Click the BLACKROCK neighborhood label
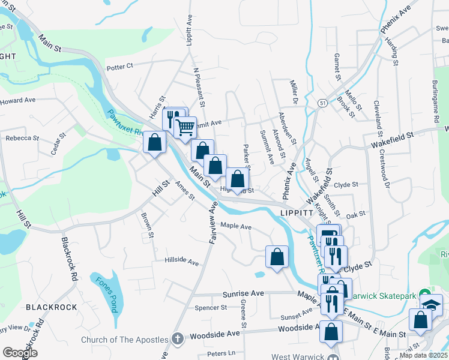click(52, 307)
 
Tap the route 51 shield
click(322, 103)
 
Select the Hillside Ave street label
click(182, 262)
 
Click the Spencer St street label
click(211, 308)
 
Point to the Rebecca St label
click(22, 137)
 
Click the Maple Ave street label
click(236, 226)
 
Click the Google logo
click(20, 353)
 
